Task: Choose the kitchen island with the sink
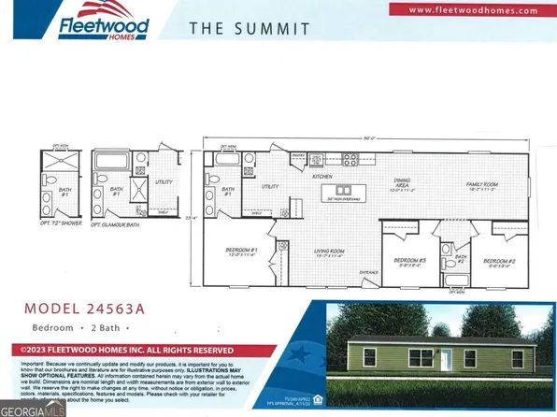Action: tap(345, 188)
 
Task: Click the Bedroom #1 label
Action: tap(241, 252)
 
